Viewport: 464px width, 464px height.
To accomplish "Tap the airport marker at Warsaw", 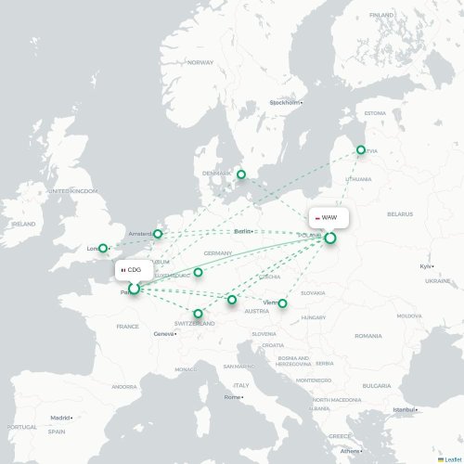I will tap(330, 238).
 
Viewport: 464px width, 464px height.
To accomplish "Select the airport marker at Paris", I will tap(134, 289).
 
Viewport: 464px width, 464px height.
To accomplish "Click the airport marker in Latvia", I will tap(361, 149).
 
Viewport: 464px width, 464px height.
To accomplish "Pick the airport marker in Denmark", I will tap(241, 174).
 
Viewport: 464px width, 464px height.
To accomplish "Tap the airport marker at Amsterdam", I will tap(158, 234).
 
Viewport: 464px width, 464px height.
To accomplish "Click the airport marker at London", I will tap(103, 248).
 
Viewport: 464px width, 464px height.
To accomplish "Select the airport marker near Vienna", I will tap(283, 303).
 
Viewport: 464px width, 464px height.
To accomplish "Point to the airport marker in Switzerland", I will tap(198, 314).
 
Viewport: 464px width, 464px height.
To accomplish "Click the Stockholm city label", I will tap(286, 102).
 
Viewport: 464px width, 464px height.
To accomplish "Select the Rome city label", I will tap(230, 397).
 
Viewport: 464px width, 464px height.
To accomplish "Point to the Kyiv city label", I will tap(426, 266).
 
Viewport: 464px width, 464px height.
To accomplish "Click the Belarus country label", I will tap(400, 213).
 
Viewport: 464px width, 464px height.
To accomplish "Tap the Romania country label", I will tap(367, 335).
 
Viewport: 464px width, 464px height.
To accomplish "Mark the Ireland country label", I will tap(24, 224).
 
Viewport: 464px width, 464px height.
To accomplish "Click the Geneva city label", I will tap(164, 334).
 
